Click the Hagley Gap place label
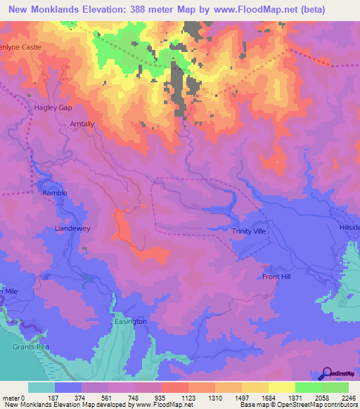(53, 108)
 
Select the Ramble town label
(55, 193)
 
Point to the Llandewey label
(73, 229)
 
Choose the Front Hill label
(276, 277)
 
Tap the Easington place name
(130, 321)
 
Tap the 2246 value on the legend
(348, 397)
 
